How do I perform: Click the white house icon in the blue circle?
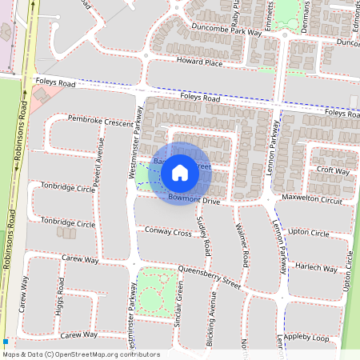click(x=180, y=172)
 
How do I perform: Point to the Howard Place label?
click(x=199, y=61)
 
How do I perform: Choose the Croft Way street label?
click(x=334, y=170)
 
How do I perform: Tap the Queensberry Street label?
click(x=209, y=277)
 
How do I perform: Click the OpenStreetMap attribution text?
click(x=81, y=354)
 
